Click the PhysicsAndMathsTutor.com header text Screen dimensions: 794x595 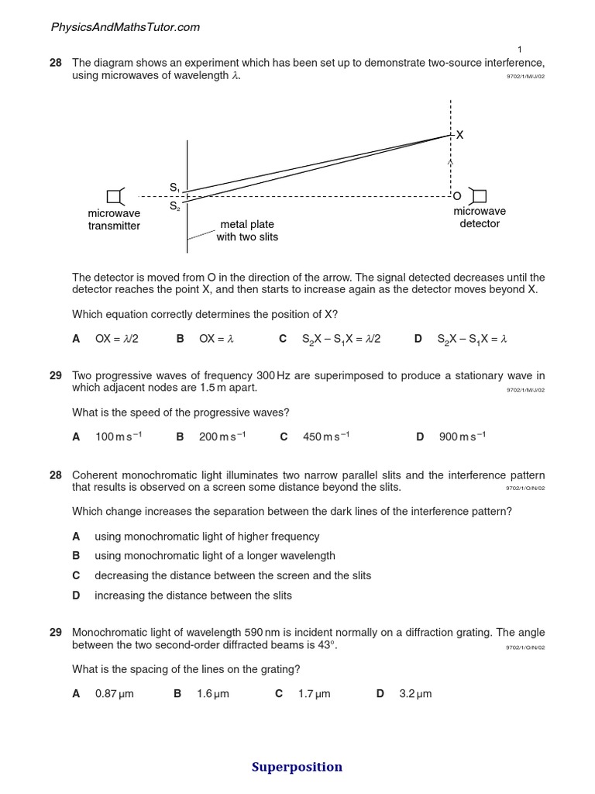(x=125, y=27)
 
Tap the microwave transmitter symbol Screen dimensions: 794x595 (x=115, y=196)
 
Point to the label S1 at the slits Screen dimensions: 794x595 (x=174, y=188)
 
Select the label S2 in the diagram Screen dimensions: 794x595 (x=174, y=206)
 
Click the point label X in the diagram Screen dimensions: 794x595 (x=459, y=135)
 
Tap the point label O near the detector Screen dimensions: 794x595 (x=457, y=195)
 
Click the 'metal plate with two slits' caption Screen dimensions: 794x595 (x=247, y=230)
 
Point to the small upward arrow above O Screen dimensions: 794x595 (x=450, y=163)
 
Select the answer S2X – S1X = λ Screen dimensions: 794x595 (x=472, y=339)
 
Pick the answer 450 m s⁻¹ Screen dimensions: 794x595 (x=325, y=437)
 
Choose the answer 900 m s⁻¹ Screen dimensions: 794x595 (x=462, y=437)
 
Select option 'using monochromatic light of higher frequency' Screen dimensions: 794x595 (x=207, y=537)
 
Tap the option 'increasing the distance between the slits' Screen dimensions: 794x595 (x=193, y=595)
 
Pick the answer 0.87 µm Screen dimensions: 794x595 (x=114, y=693)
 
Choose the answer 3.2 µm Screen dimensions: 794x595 (x=415, y=693)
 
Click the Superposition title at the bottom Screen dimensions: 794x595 (x=297, y=767)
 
